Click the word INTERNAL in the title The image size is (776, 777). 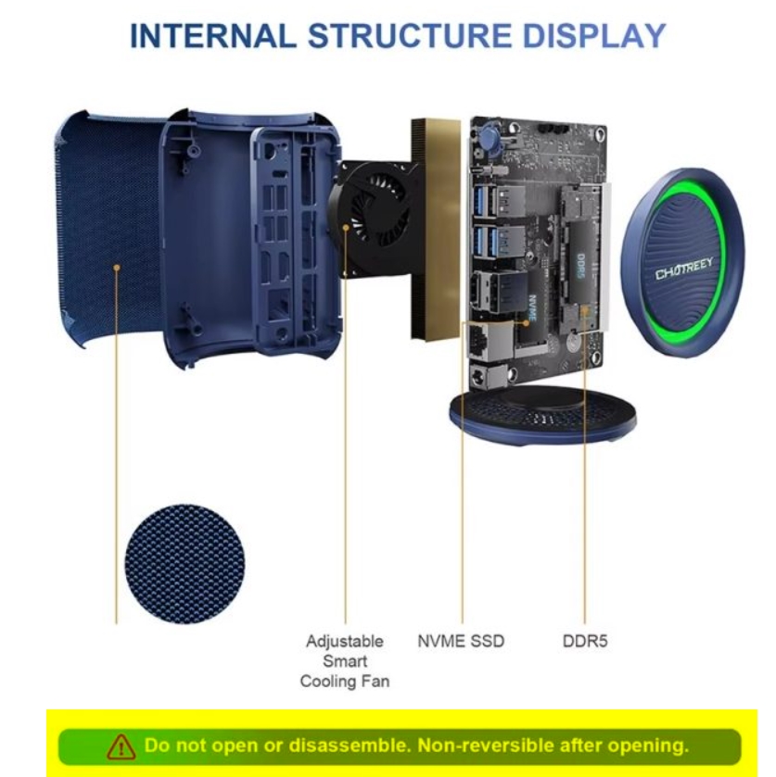(x=213, y=36)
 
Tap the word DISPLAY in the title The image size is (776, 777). (x=594, y=36)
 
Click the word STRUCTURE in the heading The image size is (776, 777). (x=410, y=36)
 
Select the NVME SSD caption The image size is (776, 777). (x=461, y=641)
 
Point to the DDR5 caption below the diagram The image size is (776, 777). (x=585, y=641)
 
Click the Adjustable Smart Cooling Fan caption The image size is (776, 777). (x=345, y=661)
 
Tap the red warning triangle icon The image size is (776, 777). (x=121, y=746)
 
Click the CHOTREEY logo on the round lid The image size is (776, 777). (x=685, y=268)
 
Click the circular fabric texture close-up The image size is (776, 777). (x=184, y=564)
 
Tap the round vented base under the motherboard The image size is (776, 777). (x=542, y=415)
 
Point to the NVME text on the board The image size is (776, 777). (x=533, y=308)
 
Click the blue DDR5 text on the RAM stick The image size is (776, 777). (x=581, y=266)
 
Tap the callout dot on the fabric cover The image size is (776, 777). (x=117, y=268)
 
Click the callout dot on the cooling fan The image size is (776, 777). (x=346, y=228)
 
